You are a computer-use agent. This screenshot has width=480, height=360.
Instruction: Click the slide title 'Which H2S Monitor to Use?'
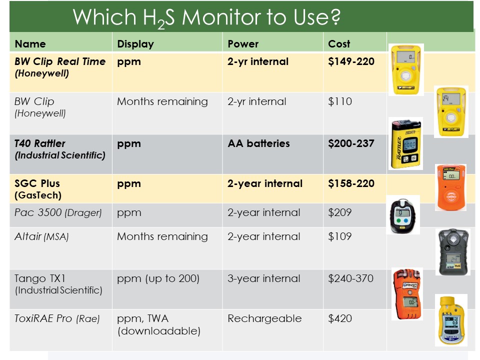206,17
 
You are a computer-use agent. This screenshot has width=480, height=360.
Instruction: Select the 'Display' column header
135,44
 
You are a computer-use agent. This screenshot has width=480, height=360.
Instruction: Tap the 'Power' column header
243,44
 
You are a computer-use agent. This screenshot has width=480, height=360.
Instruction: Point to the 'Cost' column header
339,44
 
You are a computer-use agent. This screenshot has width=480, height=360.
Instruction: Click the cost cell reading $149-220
351,61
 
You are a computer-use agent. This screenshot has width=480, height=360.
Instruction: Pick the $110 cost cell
340,101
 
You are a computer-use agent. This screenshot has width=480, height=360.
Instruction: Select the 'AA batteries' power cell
258,143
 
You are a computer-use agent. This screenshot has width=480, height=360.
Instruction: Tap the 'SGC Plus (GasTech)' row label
38,189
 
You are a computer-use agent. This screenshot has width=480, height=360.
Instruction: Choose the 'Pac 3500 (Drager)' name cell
58,212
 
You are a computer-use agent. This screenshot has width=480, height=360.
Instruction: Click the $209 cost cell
340,212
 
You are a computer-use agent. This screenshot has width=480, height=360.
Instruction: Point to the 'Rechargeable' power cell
264,318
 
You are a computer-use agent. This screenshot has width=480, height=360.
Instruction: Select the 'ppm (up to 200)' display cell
158,278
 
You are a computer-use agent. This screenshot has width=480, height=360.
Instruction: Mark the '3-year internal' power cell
264,278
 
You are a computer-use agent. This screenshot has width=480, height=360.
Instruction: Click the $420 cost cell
340,318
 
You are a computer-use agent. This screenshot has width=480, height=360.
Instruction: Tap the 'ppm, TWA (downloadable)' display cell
159,325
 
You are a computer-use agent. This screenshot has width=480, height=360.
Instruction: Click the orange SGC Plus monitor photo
450,187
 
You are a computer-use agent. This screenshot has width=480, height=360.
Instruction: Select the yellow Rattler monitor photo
405,143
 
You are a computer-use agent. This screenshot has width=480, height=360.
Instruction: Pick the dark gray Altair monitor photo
453,251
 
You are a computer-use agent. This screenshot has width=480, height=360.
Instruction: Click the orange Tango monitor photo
407,294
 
